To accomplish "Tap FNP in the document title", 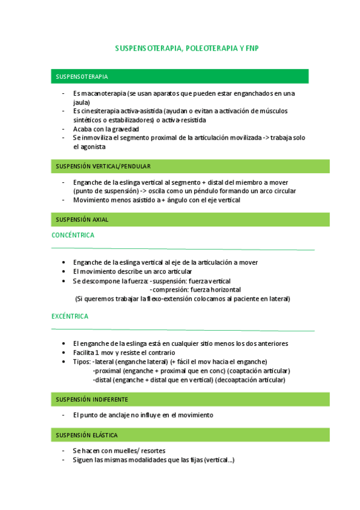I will click(251, 48).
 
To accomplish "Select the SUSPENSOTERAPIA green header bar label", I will click(82, 77).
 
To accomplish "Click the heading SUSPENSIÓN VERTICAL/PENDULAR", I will click(103, 166).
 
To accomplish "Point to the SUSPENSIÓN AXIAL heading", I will click(82, 220).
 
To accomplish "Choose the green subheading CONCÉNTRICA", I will click(73, 235).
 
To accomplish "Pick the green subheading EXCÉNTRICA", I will click(70, 316).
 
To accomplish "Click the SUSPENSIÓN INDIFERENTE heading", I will click(91, 399).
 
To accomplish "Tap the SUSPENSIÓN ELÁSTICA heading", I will click(87, 434).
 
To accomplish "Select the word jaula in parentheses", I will click(81, 102).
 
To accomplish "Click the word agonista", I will click(91, 146).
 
